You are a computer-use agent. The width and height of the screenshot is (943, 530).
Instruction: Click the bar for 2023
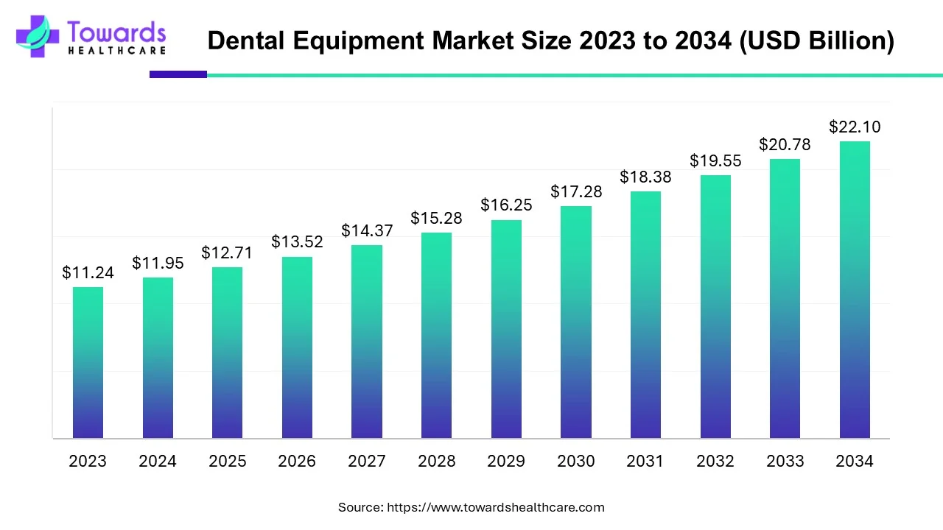(x=88, y=362)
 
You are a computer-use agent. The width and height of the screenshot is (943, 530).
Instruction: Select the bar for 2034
(x=855, y=289)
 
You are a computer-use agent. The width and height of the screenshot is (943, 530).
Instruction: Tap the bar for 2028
(x=436, y=335)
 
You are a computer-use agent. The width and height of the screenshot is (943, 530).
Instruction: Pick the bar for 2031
(x=645, y=314)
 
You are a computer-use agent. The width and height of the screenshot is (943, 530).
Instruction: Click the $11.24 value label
(x=88, y=273)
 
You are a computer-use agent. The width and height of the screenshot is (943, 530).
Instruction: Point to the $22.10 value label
(x=855, y=127)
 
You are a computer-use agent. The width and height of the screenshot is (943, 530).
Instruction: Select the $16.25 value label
(x=506, y=205)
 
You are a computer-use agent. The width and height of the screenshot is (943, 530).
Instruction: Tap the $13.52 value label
(x=297, y=242)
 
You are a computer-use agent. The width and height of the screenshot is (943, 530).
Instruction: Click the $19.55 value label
(x=715, y=160)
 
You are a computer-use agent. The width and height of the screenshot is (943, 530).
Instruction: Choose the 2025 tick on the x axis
(x=228, y=462)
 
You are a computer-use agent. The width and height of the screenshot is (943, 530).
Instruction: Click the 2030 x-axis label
(x=576, y=462)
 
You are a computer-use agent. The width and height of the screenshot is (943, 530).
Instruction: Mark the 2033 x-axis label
(x=785, y=462)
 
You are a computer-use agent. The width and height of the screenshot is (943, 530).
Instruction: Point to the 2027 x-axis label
(x=367, y=462)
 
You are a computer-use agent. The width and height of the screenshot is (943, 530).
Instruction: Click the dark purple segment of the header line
(x=178, y=74)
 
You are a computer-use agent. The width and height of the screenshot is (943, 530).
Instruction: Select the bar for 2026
(x=297, y=347)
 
